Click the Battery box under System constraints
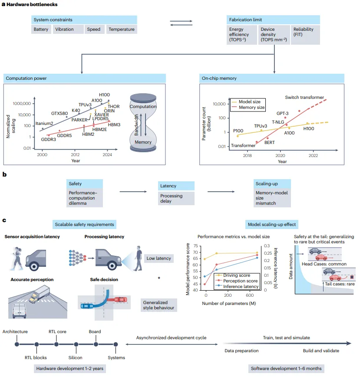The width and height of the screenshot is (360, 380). [x=41, y=29]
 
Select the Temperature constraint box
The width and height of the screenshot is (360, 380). [x=122, y=29]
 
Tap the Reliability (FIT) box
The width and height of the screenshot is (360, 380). [x=305, y=35]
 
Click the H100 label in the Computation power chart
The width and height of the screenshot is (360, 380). [x=104, y=95]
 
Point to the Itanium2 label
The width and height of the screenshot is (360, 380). [x=44, y=123]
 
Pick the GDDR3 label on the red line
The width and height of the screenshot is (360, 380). [x=49, y=139]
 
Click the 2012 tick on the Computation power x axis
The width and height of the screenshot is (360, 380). [x=75, y=154]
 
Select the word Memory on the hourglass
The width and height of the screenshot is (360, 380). [x=143, y=142]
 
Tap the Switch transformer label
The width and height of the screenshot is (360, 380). [x=304, y=98]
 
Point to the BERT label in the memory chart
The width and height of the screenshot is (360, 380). [x=270, y=142]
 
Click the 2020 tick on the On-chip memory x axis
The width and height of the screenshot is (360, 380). [x=280, y=156]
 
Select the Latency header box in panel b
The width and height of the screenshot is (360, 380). [x=176, y=186]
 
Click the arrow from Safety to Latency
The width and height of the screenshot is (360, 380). [x=133, y=192]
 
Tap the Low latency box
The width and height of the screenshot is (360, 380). [x=159, y=259]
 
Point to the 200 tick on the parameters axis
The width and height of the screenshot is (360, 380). [x=228, y=295]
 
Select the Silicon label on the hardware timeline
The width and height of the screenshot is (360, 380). [x=75, y=357]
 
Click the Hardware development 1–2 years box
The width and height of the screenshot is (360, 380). [x=70, y=369]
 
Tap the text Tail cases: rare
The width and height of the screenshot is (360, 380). [x=340, y=284]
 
